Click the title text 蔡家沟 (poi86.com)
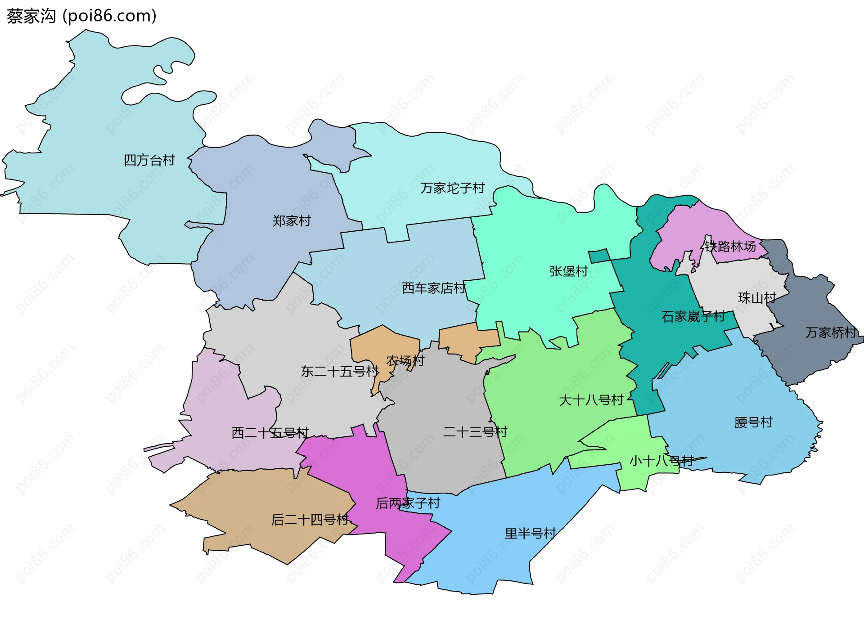81,16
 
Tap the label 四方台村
149,160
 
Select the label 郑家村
292,221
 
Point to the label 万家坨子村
452,188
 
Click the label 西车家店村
433,288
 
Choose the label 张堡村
568,271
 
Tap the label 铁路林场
730,247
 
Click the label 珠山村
757,298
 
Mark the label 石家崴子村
693,317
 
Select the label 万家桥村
831,332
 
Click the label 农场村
405,360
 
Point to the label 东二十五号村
340,372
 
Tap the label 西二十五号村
270,433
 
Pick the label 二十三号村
475,432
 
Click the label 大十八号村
591,400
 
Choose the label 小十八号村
661,461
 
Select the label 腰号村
753,422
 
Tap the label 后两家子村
408,503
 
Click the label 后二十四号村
310,520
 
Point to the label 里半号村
530,534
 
